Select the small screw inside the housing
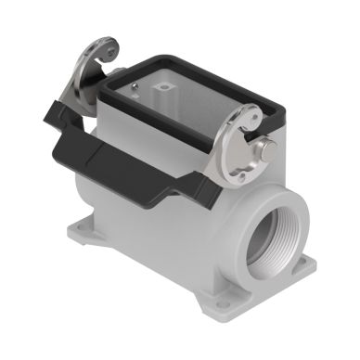coord(136,89)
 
